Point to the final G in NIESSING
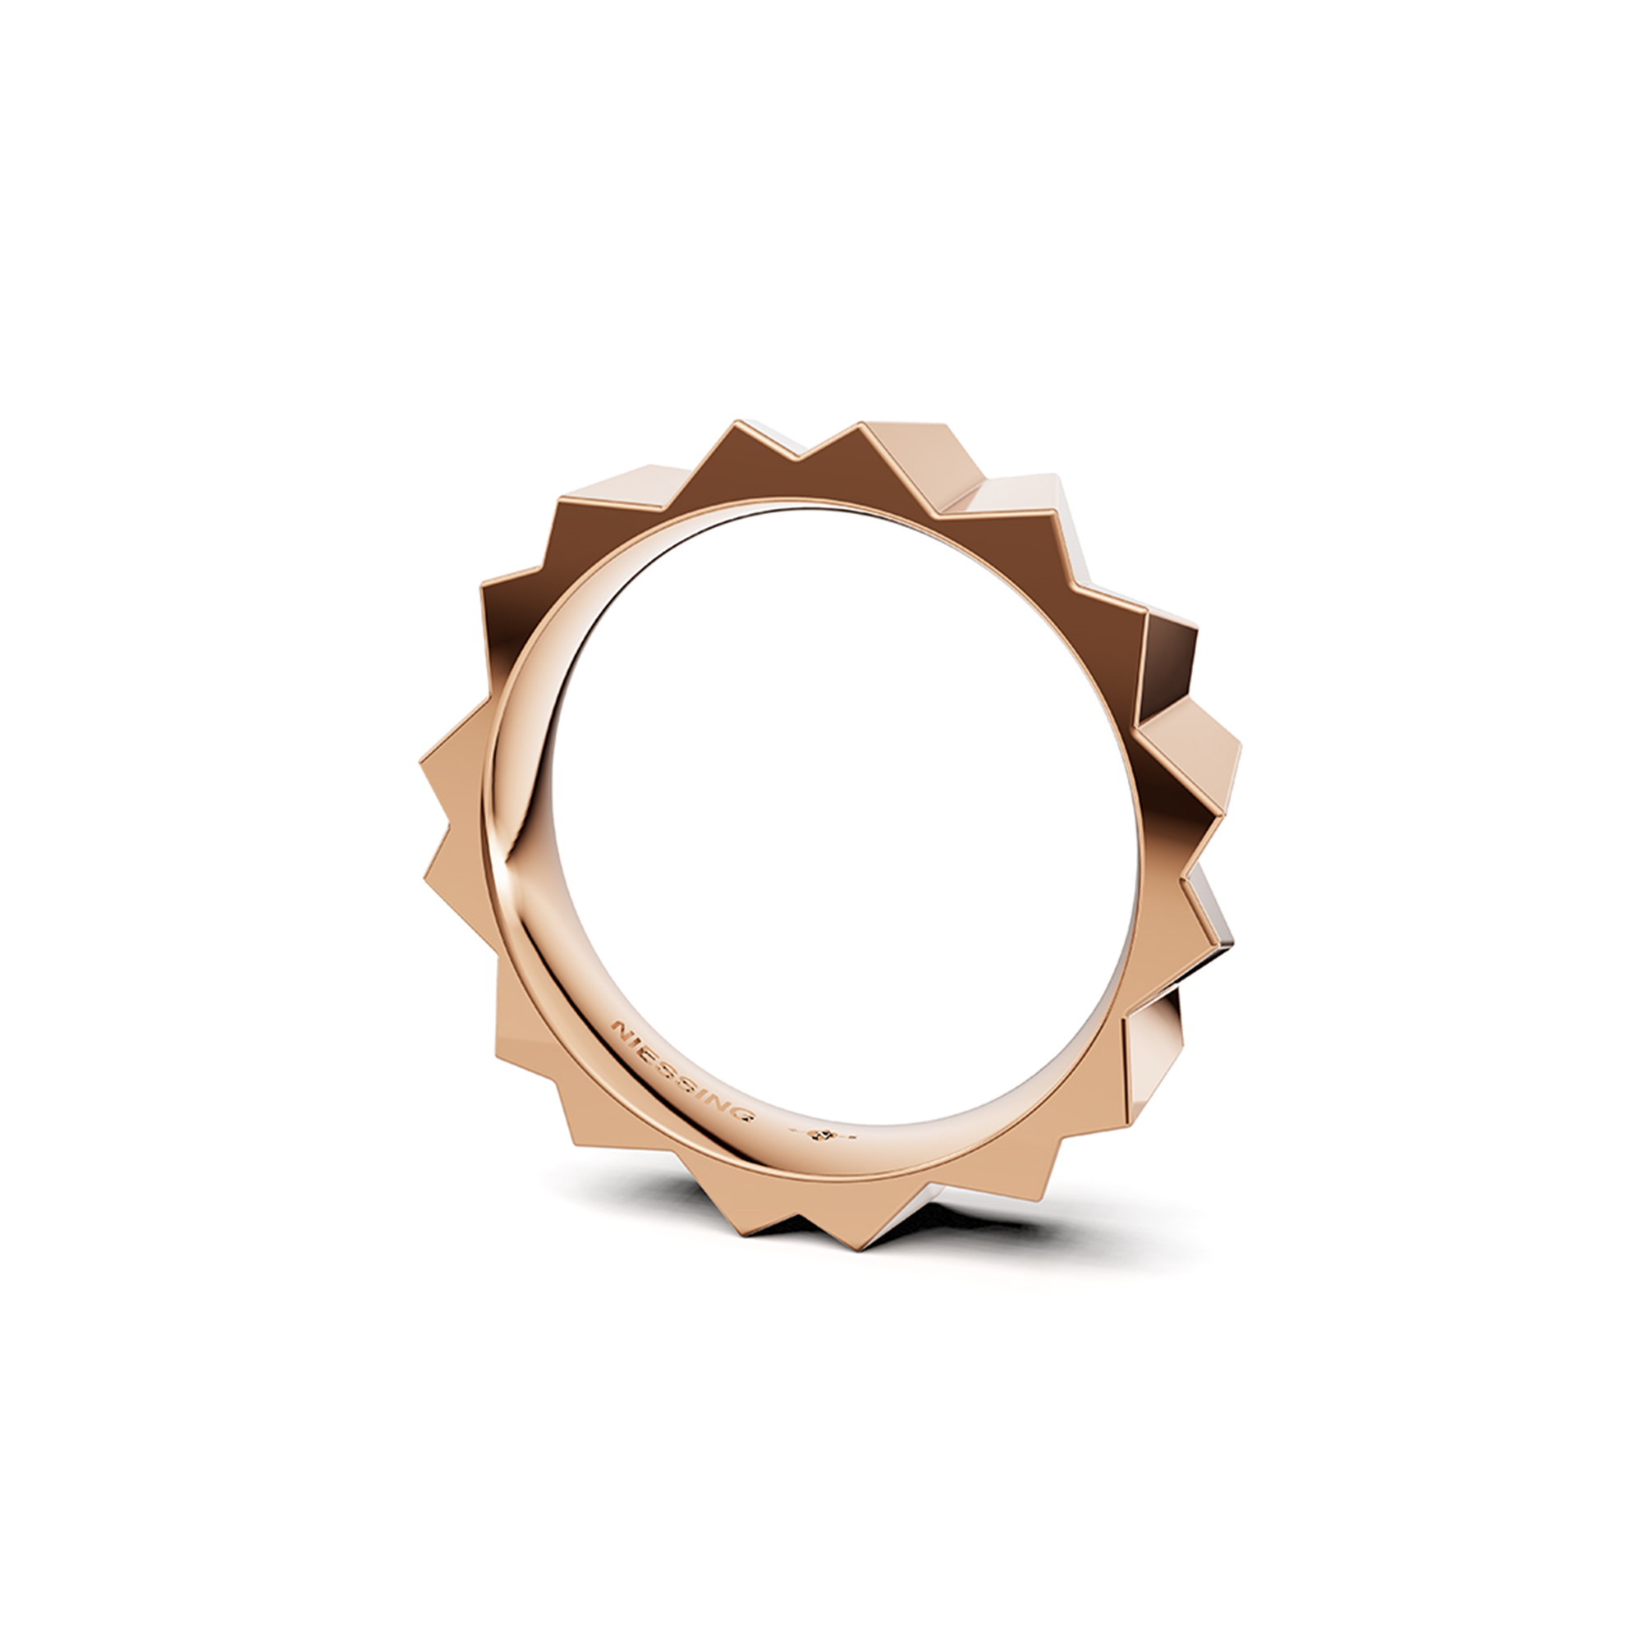click(745, 1115)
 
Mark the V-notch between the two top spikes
click(799, 460)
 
